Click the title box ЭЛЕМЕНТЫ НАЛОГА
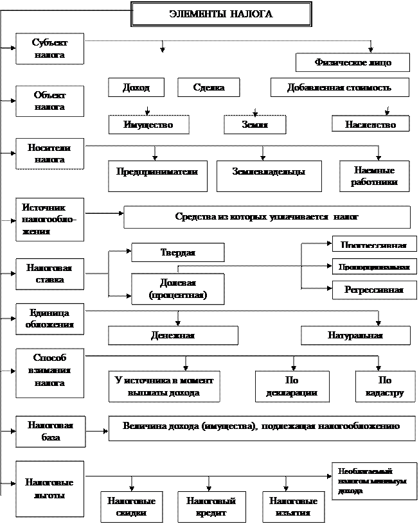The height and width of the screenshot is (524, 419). point(221,14)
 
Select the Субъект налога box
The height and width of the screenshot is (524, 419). point(49,49)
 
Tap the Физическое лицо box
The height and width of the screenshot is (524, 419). point(353,62)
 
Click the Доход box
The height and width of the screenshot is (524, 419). point(136,87)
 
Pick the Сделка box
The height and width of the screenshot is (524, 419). point(208,87)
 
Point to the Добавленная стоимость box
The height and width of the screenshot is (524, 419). point(339,87)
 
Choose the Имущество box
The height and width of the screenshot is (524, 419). point(148,124)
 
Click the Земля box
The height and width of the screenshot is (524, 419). point(254,124)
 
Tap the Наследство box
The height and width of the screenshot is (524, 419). point(370,124)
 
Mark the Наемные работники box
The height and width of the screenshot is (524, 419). point(374,176)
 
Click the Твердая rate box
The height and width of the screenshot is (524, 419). point(177,252)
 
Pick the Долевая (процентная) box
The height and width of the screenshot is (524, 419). point(177,289)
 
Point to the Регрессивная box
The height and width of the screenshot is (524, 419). point(374,290)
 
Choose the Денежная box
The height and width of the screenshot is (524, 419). point(172,335)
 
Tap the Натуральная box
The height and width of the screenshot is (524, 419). point(355,335)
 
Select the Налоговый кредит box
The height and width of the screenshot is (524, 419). point(211,507)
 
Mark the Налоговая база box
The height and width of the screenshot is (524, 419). point(49,431)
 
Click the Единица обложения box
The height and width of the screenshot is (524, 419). point(49,319)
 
